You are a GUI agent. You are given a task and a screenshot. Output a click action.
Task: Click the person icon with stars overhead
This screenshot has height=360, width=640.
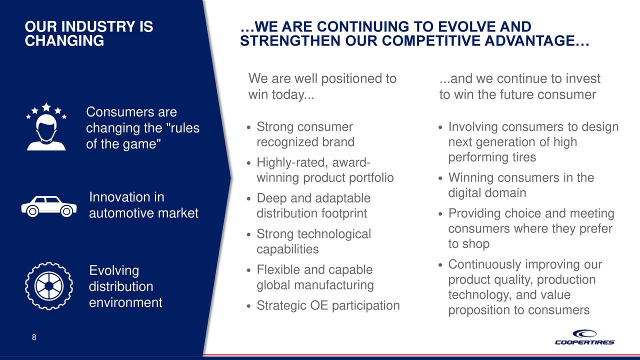click(46, 126)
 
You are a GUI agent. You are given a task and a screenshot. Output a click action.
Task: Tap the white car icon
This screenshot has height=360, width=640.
click(49, 206)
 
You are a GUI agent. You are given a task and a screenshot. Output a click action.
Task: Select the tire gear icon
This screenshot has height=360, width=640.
click(49, 285)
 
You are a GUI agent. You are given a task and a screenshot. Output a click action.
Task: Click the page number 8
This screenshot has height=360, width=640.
click(34, 337)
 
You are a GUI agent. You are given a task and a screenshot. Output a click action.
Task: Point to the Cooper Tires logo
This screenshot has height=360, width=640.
click(584, 337)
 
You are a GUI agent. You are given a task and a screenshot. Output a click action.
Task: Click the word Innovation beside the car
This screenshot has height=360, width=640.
click(126, 197)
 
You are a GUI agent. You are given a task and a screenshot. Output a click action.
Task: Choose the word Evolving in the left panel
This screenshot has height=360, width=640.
click(114, 271)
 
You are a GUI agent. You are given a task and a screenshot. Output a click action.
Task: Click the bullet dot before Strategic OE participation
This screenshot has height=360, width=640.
click(248, 306)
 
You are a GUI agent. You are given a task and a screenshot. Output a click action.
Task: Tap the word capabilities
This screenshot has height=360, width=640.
click(287, 249)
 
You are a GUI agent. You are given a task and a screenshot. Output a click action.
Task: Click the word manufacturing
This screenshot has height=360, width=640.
click(333, 285)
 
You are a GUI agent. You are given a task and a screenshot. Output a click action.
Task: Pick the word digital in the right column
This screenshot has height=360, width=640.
click(465, 193)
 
